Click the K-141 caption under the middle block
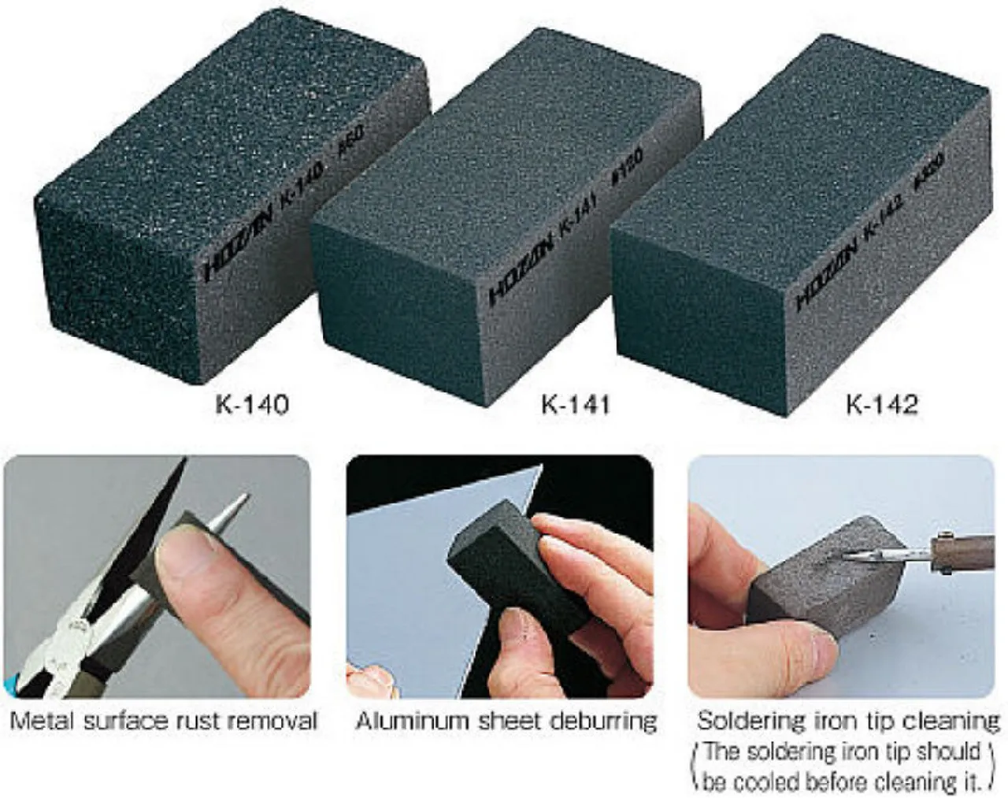(x=576, y=405)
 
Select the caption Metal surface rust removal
(x=163, y=720)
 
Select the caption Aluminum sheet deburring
(x=506, y=720)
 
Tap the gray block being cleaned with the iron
(x=811, y=583)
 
